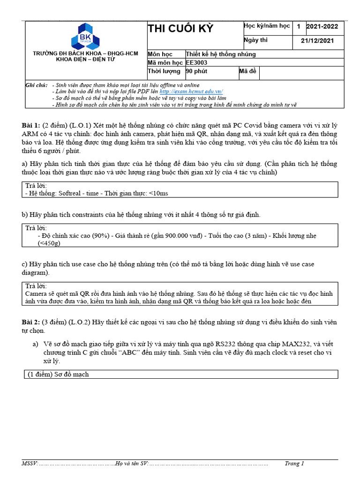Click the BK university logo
click(x=86, y=36)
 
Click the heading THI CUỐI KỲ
click(x=180, y=29)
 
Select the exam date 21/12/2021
click(x=317, y=41)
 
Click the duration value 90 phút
click(x=197, y=71)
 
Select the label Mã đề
click(x=248, y=71)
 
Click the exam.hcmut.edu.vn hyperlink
click(x=191, y=92)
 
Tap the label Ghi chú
click(x=37, y=85)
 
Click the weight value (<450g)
click(x=49, y=243)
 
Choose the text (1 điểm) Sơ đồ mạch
click(x=57, y=374)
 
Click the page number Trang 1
click(x=294, y=464)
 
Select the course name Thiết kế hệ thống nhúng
click(x=221, y=54)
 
